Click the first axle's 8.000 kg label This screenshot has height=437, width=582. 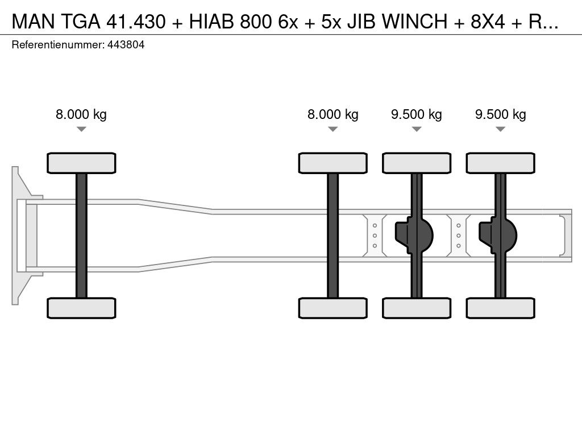tap(81, 114)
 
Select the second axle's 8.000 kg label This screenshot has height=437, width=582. tap(332, 114)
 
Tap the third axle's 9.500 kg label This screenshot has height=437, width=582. tap(416, 114)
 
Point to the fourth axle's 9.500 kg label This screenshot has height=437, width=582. tap(500, 114)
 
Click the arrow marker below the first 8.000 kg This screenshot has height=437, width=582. tap(81, 129)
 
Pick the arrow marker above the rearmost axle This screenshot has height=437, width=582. tap(500, 129)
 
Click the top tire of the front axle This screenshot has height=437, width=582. tap(81, 163)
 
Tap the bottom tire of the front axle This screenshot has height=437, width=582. tap(81, 308)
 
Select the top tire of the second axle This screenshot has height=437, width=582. tap(332, 163)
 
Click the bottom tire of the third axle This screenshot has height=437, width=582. tap(417, 308)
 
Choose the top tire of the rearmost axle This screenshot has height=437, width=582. tap(500, 163)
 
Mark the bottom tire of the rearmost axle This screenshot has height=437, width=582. tap(500, 308)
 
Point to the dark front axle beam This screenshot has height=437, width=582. tap(81, 235)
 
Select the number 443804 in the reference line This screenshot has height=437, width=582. tap(126, 45)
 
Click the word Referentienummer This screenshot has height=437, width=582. tap(57, 45)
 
